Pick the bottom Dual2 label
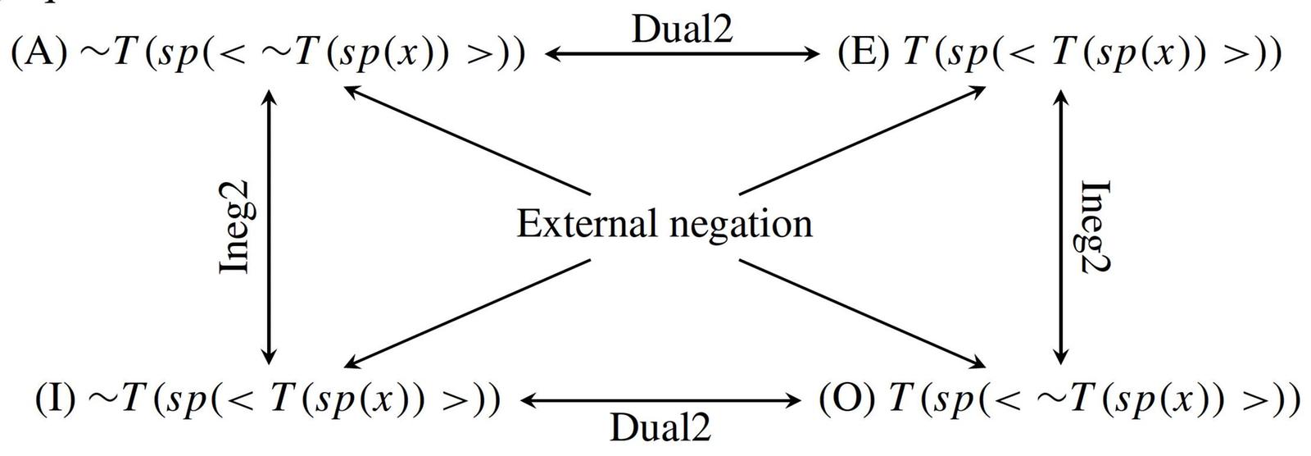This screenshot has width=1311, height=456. (x=660, y=427)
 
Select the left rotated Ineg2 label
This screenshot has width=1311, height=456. (x=238, y=226)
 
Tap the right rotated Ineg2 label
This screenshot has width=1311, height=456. (x=1095, y=226)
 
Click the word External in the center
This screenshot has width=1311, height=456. (x=587, y=223)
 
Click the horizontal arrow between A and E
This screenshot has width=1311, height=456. (x=682, y=55)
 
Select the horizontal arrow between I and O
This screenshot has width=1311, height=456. (x=660, y=401)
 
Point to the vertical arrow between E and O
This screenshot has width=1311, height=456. (x=1061, y=226)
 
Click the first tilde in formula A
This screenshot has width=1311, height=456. (x=92, y=53)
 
